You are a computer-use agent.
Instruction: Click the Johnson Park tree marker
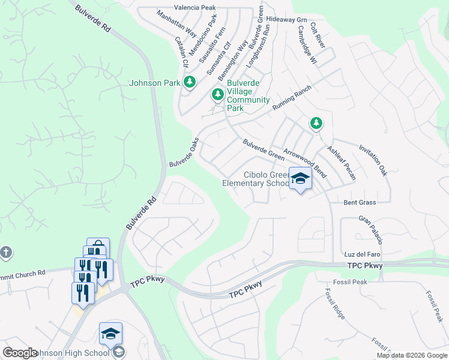tap(190, 82)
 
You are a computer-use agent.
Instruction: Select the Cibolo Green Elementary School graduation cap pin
tap(300, 179)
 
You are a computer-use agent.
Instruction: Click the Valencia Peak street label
tap(194, 8)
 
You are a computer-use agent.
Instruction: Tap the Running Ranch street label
tap(292, 97)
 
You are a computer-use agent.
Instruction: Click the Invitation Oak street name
tap(373, 160)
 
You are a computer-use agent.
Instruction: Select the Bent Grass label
tap(360, 203)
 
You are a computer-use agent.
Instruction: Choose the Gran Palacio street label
tap(370, 230)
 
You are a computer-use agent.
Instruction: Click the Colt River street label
tap(318, 37)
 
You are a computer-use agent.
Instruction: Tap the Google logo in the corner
tap(20, 353)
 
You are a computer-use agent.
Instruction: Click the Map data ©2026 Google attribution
tap(412, 355)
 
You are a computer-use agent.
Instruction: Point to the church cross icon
tap(6, 252)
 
